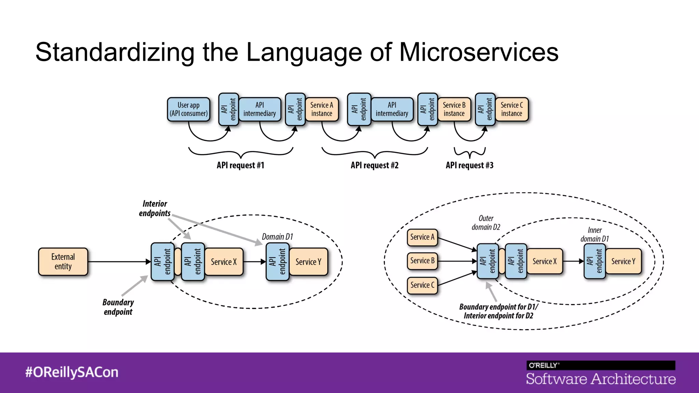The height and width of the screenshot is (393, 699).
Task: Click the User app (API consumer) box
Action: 188,109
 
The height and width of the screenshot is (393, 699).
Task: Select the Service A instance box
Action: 322,109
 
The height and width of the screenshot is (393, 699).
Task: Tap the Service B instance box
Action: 454,109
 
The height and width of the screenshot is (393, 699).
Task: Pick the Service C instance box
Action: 512,109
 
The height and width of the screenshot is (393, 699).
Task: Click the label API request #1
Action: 240,165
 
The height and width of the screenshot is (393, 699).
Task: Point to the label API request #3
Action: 469,165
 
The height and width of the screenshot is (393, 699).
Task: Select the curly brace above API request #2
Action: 375,153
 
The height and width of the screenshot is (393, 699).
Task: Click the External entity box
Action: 63,262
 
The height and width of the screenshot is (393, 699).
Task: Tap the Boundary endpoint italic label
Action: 118,307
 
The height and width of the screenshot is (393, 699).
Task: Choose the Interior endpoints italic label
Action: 155,208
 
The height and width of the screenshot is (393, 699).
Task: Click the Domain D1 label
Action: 277,237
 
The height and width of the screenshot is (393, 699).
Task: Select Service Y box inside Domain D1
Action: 308,262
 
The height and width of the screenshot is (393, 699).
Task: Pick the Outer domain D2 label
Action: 486,223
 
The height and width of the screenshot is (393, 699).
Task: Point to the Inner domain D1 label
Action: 595,235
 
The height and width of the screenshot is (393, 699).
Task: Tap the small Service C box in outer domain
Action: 422,285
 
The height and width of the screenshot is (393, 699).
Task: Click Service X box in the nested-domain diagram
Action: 544,261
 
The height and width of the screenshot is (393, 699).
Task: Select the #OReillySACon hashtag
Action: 72,372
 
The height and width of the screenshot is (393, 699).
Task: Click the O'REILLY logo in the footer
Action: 543,365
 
